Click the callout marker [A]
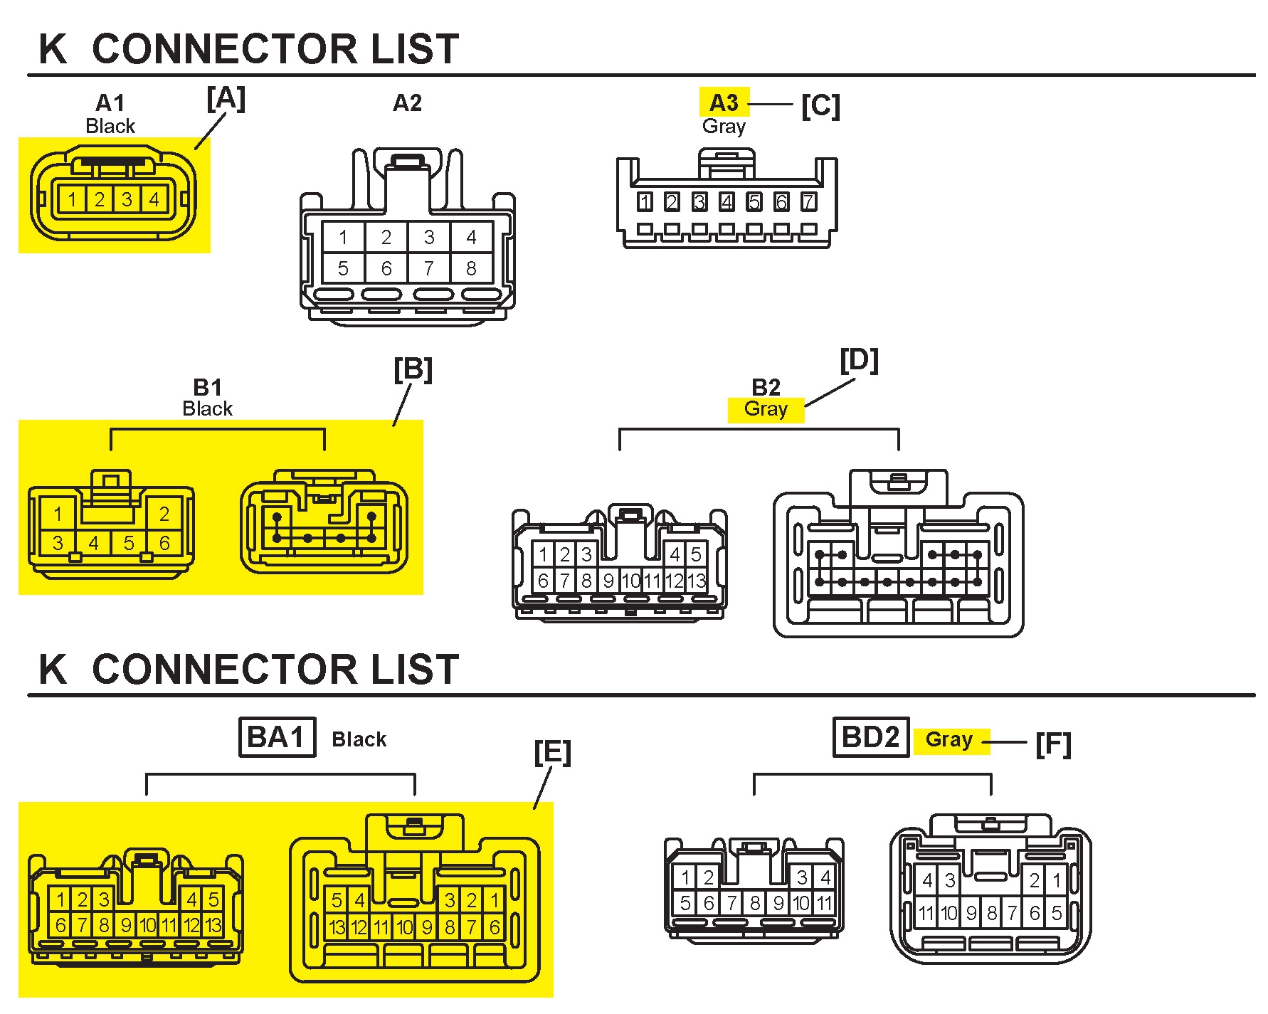coord(226,99)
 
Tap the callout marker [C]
coord(820,106)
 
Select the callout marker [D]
coord(859,361)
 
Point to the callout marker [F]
coord(1053,744)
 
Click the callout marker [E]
coord(552,752)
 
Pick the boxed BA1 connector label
coord(276,737)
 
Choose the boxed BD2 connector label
coord(870,737)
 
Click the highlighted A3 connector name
coord(724,103)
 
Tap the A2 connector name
coord(407,104)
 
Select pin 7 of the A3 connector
coord(808,202)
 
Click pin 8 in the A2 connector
coord(471,268)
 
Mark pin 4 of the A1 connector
coord(154,199)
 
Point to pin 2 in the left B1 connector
coord(164,514)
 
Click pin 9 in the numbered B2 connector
coord(608,581)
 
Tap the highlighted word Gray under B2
coord(766,409)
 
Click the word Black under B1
coord(207,409)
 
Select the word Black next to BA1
coord(359,739)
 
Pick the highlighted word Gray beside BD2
coord(949,740)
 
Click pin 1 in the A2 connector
coord(343,237)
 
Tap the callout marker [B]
coord(413,370)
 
